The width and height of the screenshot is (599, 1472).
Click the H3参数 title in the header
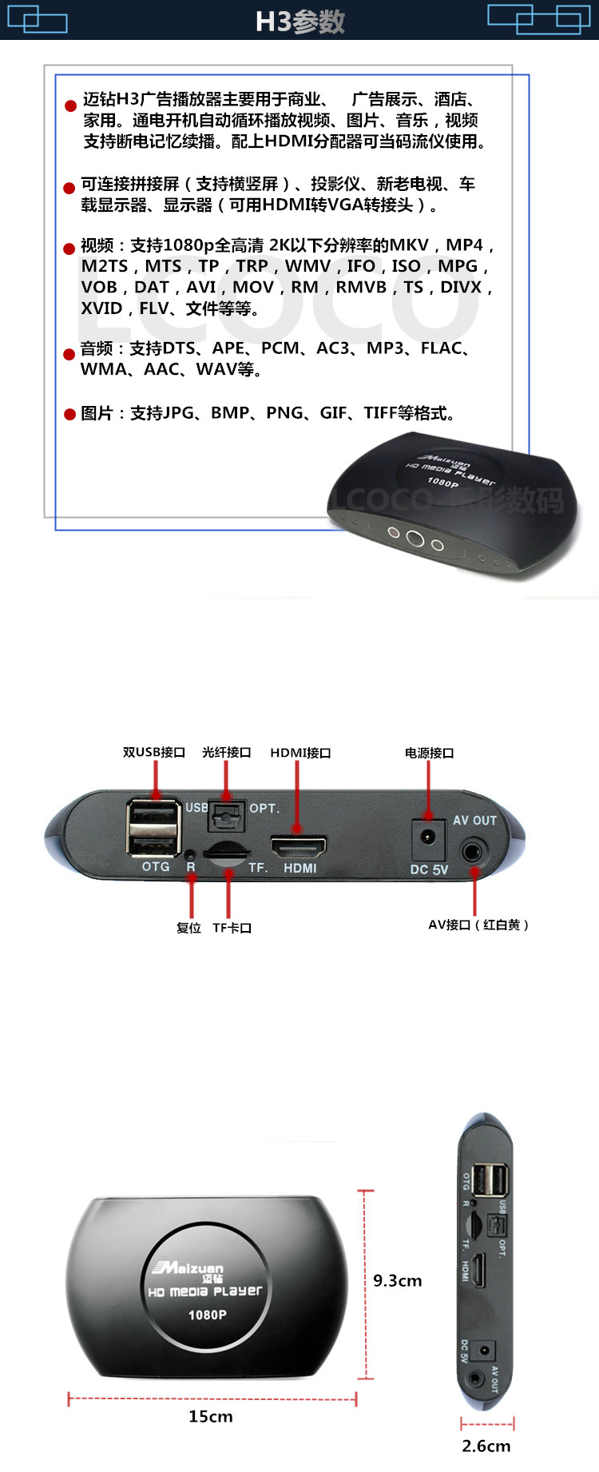(x=299, y=22)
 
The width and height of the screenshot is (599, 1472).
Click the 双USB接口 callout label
(x=154, y=752)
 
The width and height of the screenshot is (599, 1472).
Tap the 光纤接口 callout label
(x=227, y=752)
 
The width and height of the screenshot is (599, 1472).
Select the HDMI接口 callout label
(x=300, y=753)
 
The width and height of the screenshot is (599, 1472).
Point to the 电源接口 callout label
(x=429, y=753)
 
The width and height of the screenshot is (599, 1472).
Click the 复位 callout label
(x=188, y=928)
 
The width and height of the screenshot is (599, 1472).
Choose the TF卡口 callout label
(x=232, y=928)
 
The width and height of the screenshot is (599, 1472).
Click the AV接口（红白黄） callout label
(x=478, y=925)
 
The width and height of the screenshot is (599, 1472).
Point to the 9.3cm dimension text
(x=398, y=1280)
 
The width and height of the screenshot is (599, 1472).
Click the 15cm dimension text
(x=211, y=1416)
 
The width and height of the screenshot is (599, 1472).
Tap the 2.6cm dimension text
(x=486, y=1446)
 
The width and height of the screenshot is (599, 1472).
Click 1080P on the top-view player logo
(x=207, y=1315)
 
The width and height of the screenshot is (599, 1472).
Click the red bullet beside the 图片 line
(x=69, y=414)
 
